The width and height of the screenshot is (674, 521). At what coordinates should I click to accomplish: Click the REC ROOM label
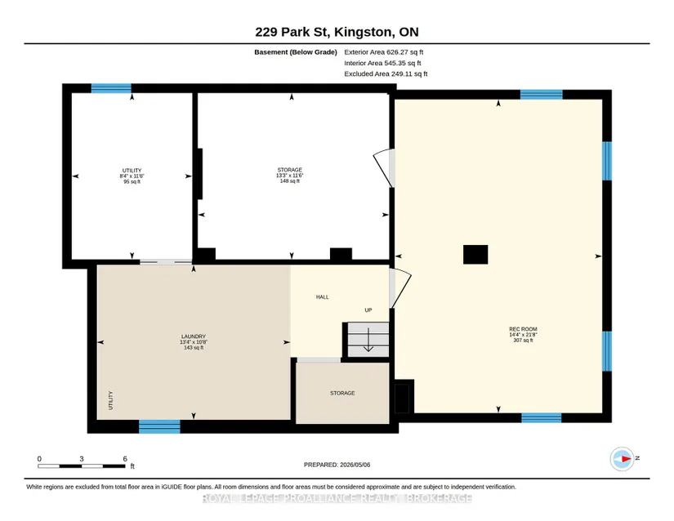pyautogui.click(x=523, y=329)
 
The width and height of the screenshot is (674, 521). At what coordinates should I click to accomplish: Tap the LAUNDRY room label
pyautogui.click(x=194, y=336)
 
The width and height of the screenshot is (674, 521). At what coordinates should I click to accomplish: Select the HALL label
pyautogui.click(x=323, y=296)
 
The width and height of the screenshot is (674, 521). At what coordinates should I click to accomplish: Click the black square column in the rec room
pyautogui.click(x=475, y=254)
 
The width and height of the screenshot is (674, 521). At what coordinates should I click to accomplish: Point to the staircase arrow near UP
pyautogui.click(x=368, y=340)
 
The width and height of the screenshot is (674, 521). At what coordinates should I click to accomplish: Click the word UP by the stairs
pyautogui.click(x=368, y=309)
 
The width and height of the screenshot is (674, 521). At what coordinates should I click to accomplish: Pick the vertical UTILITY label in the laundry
pyautogui.click(x=110, y=400)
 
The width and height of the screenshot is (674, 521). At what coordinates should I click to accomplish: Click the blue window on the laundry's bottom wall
pyautogui.click(x=159, y=426)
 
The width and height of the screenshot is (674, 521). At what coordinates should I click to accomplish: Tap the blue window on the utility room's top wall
pyautogui.click(x=111, y=88)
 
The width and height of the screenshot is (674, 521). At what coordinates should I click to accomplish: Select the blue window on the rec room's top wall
pyautogui.click(x=542, y=95)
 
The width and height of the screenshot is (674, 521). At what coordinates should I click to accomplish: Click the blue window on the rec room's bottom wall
pyautogui.click(x=542, y=418)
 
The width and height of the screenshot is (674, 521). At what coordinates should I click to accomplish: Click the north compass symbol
pyautogui.click(x=622, y=459)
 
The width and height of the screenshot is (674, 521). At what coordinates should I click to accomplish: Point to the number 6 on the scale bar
pyautogui.click(x=125, y=459)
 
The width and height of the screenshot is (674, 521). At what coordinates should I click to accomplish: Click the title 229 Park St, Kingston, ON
pyautogui.click(x=337, y=32)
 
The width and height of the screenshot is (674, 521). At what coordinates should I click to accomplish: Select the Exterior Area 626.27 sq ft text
pyautogui.click(x=384, y=52)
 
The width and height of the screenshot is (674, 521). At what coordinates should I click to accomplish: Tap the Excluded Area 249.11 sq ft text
pyautogui.click(x=386, y=73)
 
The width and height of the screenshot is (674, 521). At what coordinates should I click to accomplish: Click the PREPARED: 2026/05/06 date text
pyautogui.click(x=337, y=465)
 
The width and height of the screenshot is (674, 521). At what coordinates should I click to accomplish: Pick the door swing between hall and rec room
pyautogui.click(x=400, y=288)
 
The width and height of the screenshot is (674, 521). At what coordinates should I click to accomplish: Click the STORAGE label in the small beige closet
pyautogui.click(x=342, y=393)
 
